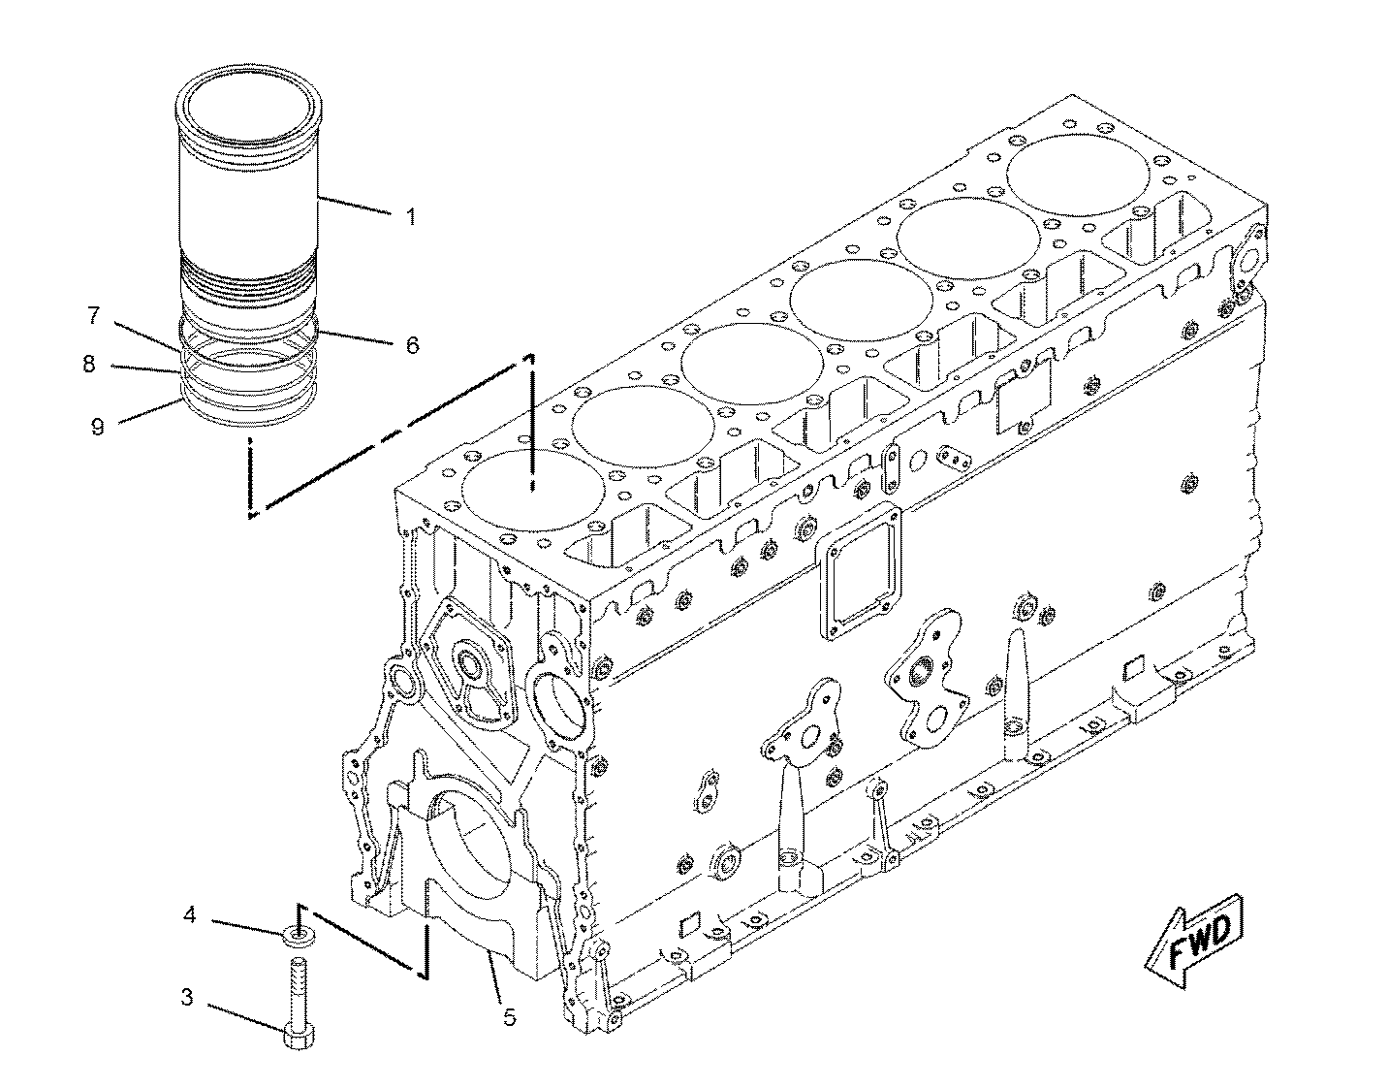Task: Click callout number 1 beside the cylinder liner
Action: (410, 216)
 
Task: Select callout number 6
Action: (412, 344)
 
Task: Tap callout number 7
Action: (93, 314)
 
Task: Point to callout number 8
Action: (89, 364)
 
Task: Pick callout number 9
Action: (97, 426)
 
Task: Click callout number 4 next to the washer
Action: (191, 914)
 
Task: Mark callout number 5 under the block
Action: (510, 1017)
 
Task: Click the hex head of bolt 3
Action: (298, 1037)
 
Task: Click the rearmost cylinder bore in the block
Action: (1078, 173)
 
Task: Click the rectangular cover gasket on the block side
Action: (860, 575)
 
